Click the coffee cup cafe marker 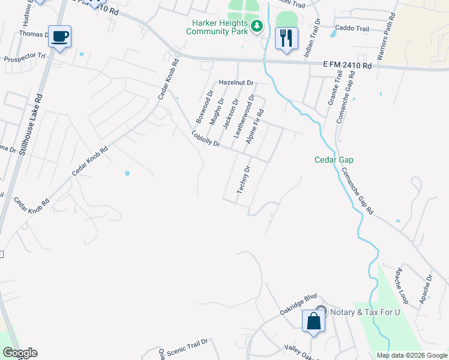click(60, 37)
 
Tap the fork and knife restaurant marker click(286, 39)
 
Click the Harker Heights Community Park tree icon click(257, 25)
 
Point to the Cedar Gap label click(334, 160)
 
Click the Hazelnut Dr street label click(237, 82)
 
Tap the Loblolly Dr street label click(206, 139)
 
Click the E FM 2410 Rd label click(347, 64)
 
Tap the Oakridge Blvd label click(298, 304)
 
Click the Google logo click(20, 353)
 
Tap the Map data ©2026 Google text click(412, 355)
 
